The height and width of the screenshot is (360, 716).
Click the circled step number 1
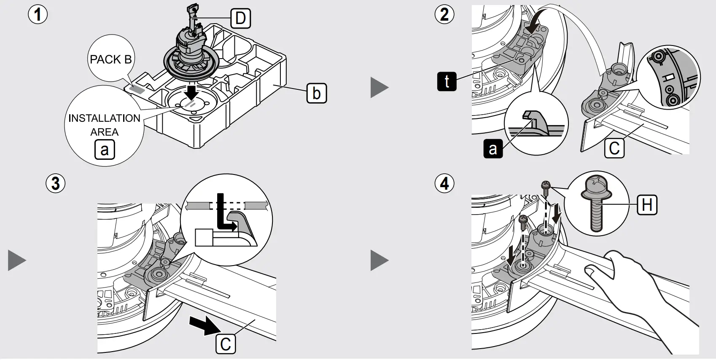[x=38, y=15]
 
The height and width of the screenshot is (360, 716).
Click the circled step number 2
[x=444, y=15]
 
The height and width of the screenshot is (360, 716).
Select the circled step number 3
[x=55, y=184]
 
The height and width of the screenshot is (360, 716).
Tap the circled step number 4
[x=444, y=184]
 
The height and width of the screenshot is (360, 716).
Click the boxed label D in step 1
[x=240, y=19]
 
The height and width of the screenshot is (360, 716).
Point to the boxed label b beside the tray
[x=316, y=93]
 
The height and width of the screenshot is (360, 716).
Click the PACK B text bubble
[x=110, y=59]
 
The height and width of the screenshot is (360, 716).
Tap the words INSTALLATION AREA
[x=104, y=125]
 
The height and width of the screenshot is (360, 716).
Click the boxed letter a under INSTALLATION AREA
[x=105, y=149]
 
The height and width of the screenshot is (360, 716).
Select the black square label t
[x=447, y=81]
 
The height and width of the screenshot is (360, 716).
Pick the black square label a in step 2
[x=493, y=149]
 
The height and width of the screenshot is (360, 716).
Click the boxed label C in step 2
[x=614, y=148]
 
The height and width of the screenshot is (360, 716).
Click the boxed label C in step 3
[x=226, y=344]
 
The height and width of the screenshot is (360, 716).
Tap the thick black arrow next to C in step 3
[x=203, y=326]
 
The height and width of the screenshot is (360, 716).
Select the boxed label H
[x=647, y=205]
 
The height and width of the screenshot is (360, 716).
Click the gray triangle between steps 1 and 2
[x=379, y=87]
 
